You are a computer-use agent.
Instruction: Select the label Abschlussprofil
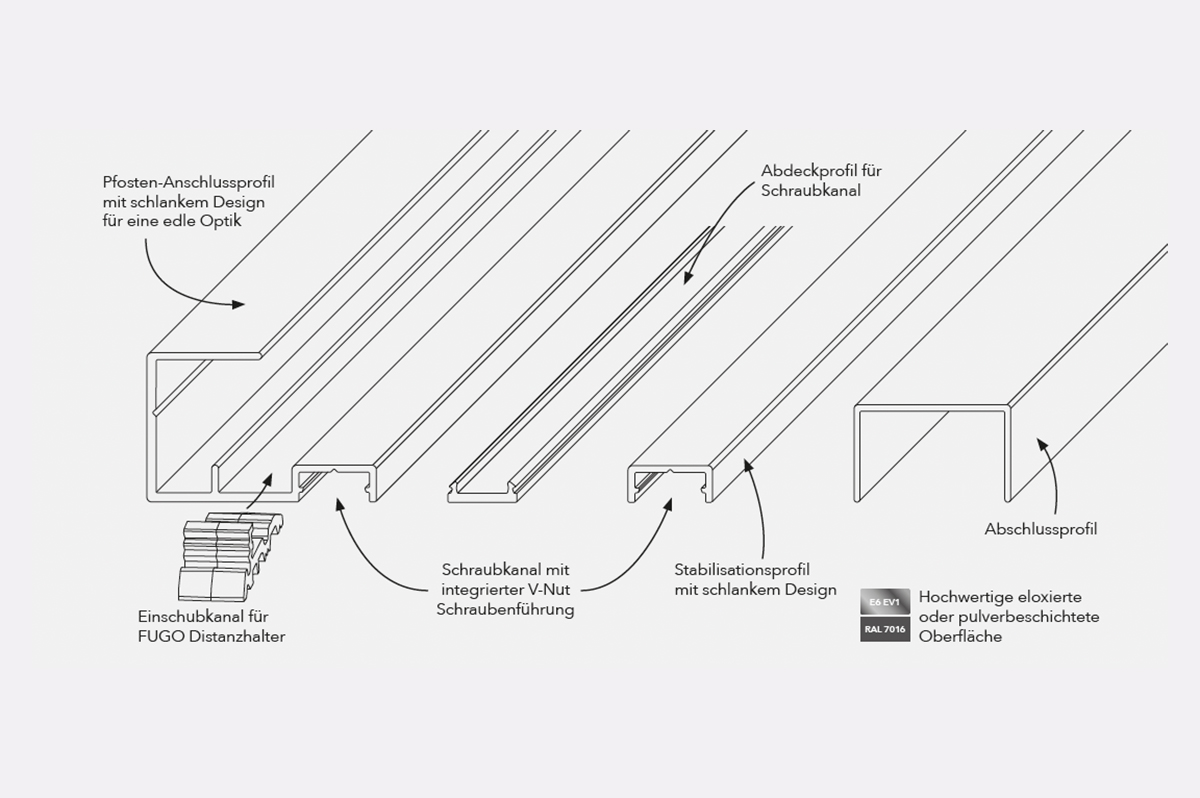click(1040, 529)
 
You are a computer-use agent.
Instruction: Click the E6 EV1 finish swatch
click(885, 601)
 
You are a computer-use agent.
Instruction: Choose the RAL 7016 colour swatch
click(885, 629)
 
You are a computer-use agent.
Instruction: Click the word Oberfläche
click(960, 636)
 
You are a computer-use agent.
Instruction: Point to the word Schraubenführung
click(505, 609)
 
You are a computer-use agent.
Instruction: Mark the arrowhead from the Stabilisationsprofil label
click(745, 462)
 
